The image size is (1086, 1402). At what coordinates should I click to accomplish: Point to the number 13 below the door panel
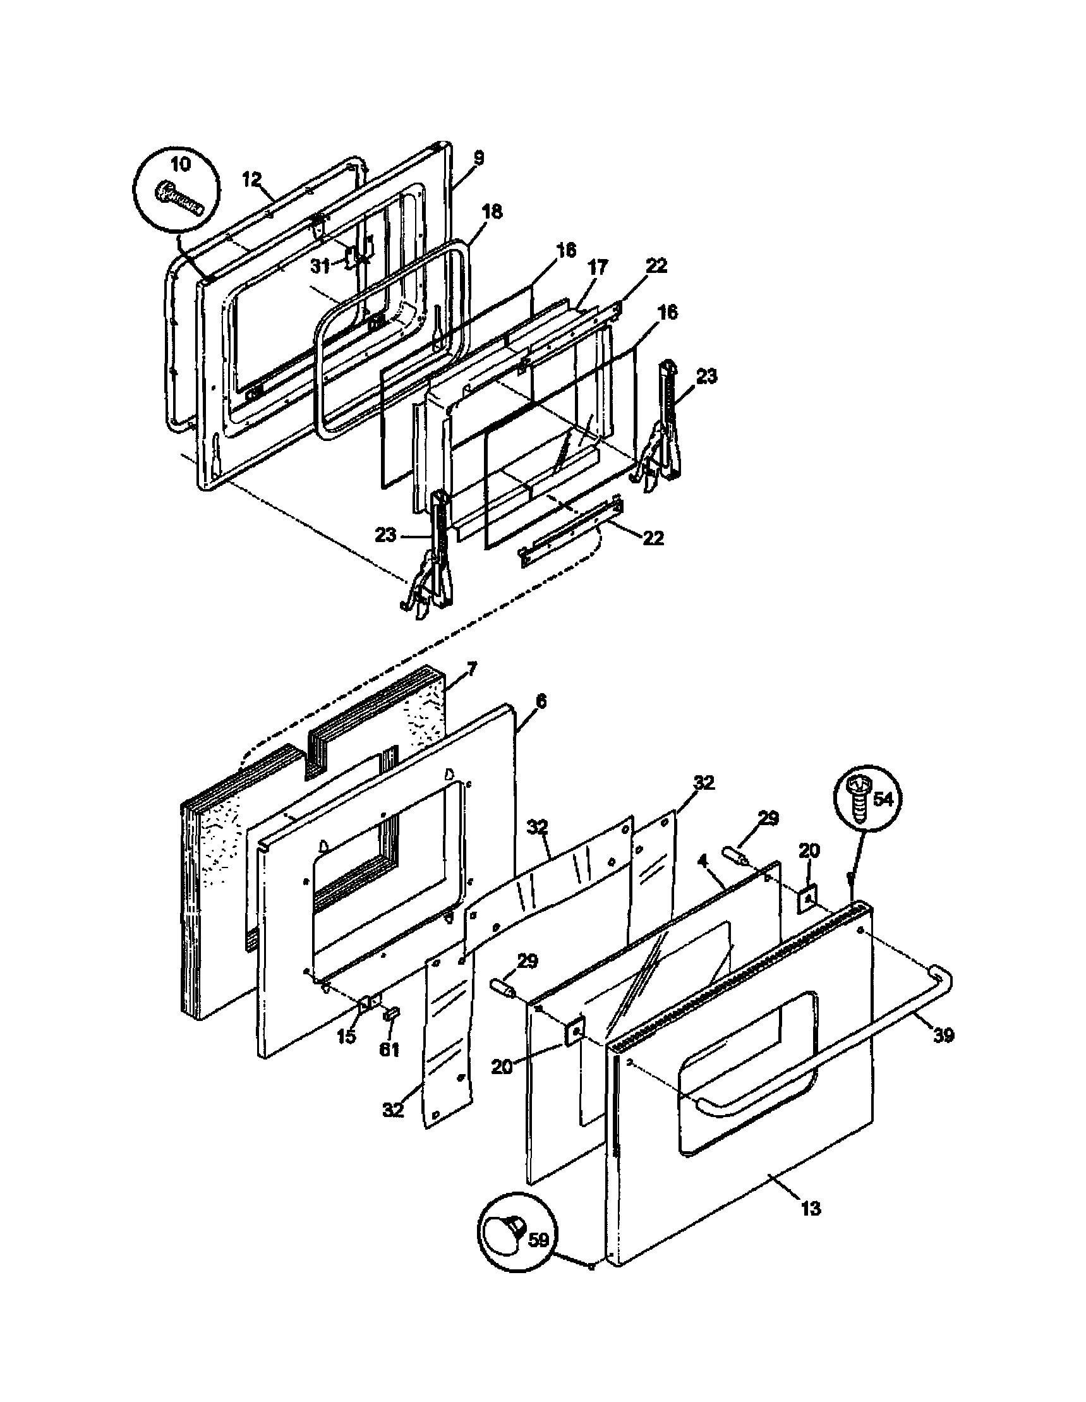click(x=811, y=1209)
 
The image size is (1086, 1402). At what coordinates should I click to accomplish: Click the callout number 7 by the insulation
click(x=471, y=670)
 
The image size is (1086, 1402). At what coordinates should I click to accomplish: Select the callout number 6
click(x=541, y=703)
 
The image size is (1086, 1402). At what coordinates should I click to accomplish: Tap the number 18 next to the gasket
click(x=492, y=211)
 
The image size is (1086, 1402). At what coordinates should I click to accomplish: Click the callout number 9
click(x=478, y=159)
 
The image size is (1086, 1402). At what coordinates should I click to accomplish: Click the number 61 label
click(x=389, y=1049)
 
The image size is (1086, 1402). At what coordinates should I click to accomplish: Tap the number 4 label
click(x=703, y=859)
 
